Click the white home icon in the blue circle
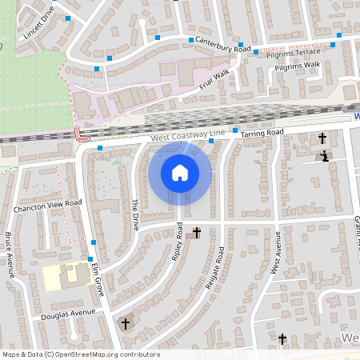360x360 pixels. click(180, 172)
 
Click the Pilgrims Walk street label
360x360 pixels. click(297, 67)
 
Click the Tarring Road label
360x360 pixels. click(262, 131)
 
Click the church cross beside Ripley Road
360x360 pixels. click(197, 233)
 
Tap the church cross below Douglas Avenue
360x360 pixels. click(125, 324)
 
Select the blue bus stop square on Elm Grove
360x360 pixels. click(94, 242)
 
